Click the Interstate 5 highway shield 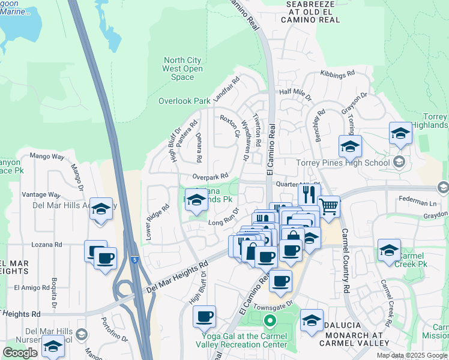coord(135,260)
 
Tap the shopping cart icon coord(328,206)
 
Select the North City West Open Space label coord(182,68)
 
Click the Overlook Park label coord(184,101)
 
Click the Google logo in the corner coord(20,353)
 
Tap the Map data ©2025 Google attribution coord(412,355)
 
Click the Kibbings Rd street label coord(337,74)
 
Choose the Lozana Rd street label coord(47,245)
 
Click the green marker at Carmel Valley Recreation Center coord(269,322)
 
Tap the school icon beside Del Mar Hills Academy coord(101,209)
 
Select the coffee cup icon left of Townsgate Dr coord(204,316)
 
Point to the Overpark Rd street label coord(210,176)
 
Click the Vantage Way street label coord(41,195)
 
